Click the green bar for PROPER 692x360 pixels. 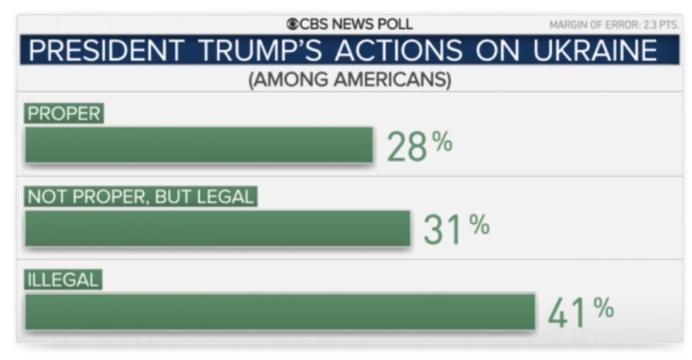click(x=198, y=145)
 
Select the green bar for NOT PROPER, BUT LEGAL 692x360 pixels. click(x=217, y=228)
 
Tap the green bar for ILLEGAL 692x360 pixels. click(x=280, y=311)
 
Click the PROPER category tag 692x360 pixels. click(x=64, y=114)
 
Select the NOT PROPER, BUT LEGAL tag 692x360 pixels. click(x=140, y=197)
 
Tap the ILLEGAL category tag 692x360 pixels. click(x=63, y=280)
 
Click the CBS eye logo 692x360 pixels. click(x=292, y=25)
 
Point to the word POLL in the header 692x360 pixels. click(x=393, y=25)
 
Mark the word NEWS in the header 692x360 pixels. click(x=352, y=25)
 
